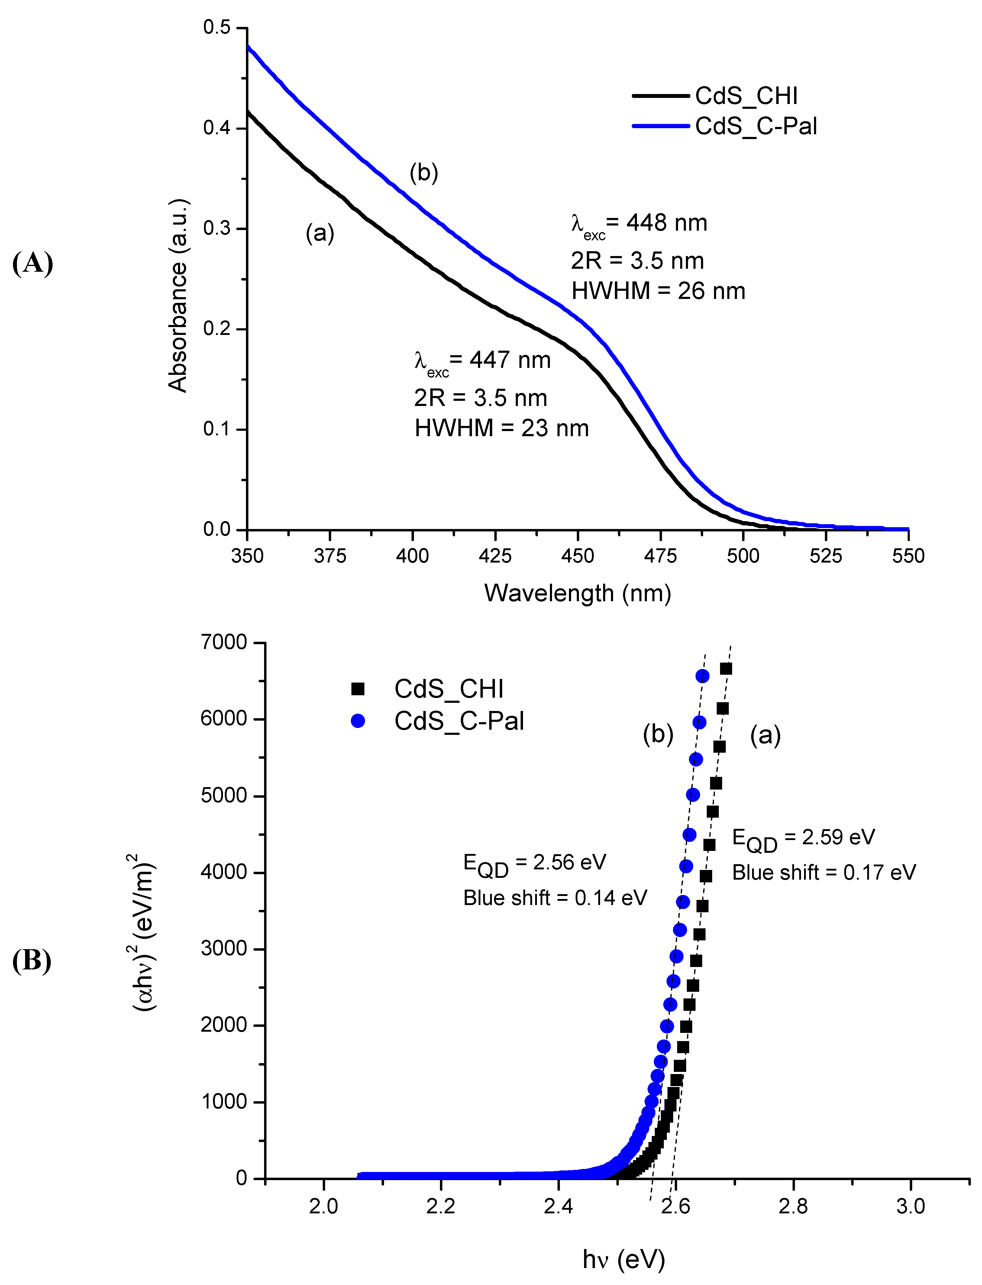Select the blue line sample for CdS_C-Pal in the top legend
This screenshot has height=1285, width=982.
pyautogui.click(x=661, y=126)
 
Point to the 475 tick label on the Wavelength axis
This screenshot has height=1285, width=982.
pyautogui.click(x=661, y=556)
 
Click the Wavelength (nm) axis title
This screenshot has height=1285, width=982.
pyautogui.click(x=577, y=593)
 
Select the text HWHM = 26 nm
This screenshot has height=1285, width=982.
pyautogui.click(x=658, y=291)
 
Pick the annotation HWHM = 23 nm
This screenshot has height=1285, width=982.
pyautogui.click(x=502, y=429)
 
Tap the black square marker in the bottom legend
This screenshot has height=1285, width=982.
pyautogui.click(x=358, y=689)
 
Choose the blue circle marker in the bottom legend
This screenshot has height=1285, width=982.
pyautogui.click(x=358, y=722)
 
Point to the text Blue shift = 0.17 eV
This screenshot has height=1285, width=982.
pyautogui.click(x=824, y=873)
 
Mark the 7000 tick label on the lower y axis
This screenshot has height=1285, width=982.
pyautogui.click(x=224, y=643)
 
